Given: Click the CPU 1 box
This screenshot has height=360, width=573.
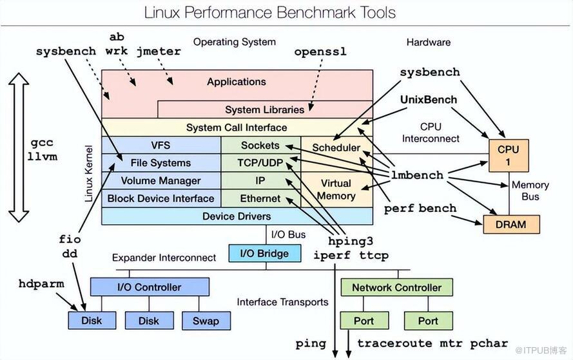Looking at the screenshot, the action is (x=509, y=156).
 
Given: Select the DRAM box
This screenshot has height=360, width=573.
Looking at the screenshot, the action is (x=511, y=224).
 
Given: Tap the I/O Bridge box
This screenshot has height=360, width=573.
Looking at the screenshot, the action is (x=264, y=253).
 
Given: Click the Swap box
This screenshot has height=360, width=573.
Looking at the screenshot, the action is (x=206, y=321).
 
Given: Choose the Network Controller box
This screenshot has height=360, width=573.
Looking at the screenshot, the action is (x=396, y=287).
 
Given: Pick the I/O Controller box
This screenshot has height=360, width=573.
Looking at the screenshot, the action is (x=150, y=287).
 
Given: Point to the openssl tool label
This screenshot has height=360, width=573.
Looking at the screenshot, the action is (x=320, y=52).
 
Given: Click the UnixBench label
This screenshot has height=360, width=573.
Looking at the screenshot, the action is (x=429, y=100).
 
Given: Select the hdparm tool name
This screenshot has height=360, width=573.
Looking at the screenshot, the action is (x=41, y=284).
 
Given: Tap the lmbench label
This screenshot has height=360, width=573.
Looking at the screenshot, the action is (x=417, y=175).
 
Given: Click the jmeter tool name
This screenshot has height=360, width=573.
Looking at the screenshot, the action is (x=159, y=52).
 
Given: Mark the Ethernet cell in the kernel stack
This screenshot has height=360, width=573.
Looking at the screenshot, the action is (x=260, y=198).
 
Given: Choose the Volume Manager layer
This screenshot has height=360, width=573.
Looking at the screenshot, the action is (x=161, y=181).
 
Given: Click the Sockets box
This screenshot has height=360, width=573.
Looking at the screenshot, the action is (x=260, y=146).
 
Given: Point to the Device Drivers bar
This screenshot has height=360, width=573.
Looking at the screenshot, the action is (x=237, y=216).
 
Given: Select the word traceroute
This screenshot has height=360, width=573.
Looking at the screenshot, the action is (x=394, y=343).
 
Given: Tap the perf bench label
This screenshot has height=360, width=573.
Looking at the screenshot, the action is (x=420, y=209).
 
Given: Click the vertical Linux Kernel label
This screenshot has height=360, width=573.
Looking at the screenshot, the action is (x=88, y=173).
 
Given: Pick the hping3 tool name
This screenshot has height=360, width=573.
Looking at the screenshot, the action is (x=351, y=242).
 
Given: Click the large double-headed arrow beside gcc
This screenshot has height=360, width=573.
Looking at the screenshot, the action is (x=19, y=147).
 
